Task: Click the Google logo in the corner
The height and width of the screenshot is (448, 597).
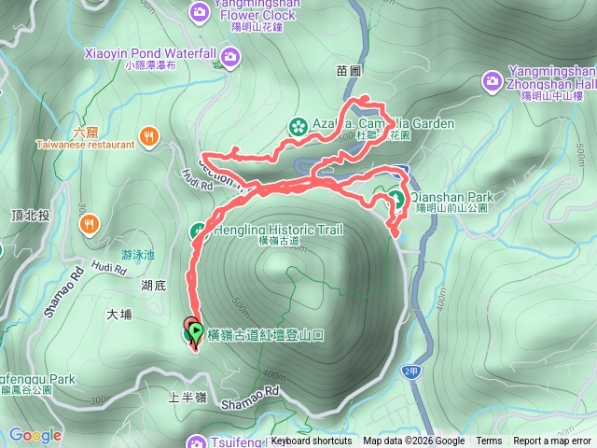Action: (35, 435)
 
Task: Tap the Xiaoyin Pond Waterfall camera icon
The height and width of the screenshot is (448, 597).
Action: (230, 59)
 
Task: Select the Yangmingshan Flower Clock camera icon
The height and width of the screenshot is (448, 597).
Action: (199, 11)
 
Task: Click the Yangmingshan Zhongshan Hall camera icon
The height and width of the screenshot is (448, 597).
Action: (492, 83)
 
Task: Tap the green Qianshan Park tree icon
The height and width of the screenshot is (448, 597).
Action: (396, 198)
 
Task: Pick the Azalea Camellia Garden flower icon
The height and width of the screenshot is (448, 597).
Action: (298, 124)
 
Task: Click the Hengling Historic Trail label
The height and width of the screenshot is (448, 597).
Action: (279, 230)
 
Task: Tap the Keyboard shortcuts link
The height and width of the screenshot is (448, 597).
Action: (312, 441)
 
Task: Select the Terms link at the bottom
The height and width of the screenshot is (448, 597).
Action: (489, 441)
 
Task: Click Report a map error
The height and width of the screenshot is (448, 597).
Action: (552, 441)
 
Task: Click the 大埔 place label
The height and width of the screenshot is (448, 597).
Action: (119, 315)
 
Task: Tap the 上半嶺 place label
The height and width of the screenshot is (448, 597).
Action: (186, 397)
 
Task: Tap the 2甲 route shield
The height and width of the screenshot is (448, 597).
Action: (410, 371)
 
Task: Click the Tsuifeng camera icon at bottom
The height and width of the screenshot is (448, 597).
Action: (197, 441)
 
